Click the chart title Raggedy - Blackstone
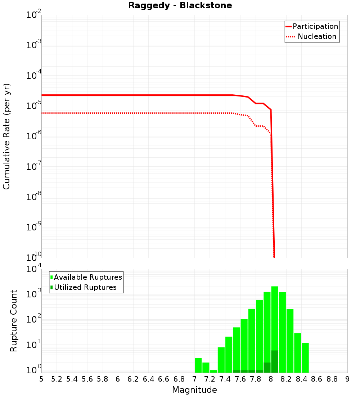pos(180,5)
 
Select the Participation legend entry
pos(315,26)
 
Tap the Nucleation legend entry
pos(317,36)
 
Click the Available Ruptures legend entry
pos(88,277)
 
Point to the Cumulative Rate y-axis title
pos(6,136)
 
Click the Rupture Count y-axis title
pos(14,321)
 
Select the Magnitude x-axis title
pos(194,390)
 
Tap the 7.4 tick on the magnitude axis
pos(225,379)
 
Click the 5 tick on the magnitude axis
pos(41,379)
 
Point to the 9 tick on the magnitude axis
pos(347,379)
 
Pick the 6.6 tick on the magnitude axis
pos(164,379)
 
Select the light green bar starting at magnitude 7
pos(198,365)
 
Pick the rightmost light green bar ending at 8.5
pos(305,357)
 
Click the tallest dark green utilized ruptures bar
pos(275,361)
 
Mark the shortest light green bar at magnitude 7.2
pos(213,371)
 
